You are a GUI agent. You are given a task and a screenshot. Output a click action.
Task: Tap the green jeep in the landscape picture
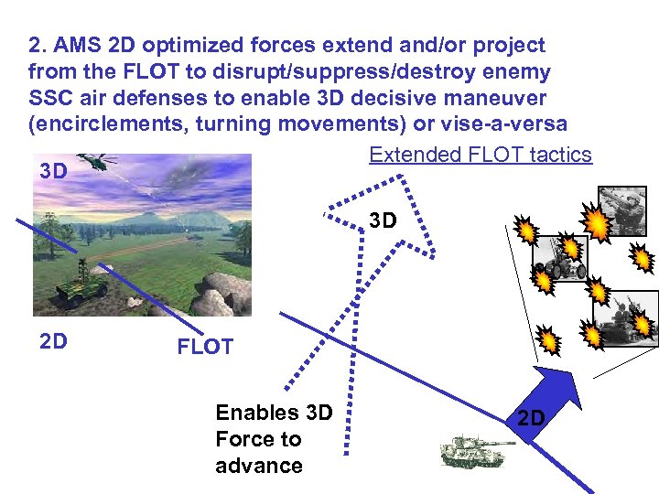point(83,285)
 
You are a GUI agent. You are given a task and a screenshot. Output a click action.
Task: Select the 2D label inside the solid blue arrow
point(531,418)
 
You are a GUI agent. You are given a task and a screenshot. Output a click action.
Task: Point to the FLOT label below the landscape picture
point(205,347)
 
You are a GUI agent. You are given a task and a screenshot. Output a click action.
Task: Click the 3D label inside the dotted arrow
point(384,220)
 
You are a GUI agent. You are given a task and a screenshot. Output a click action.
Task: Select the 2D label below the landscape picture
point(54,341)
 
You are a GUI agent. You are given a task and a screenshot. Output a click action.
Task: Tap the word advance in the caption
point(259,465)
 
